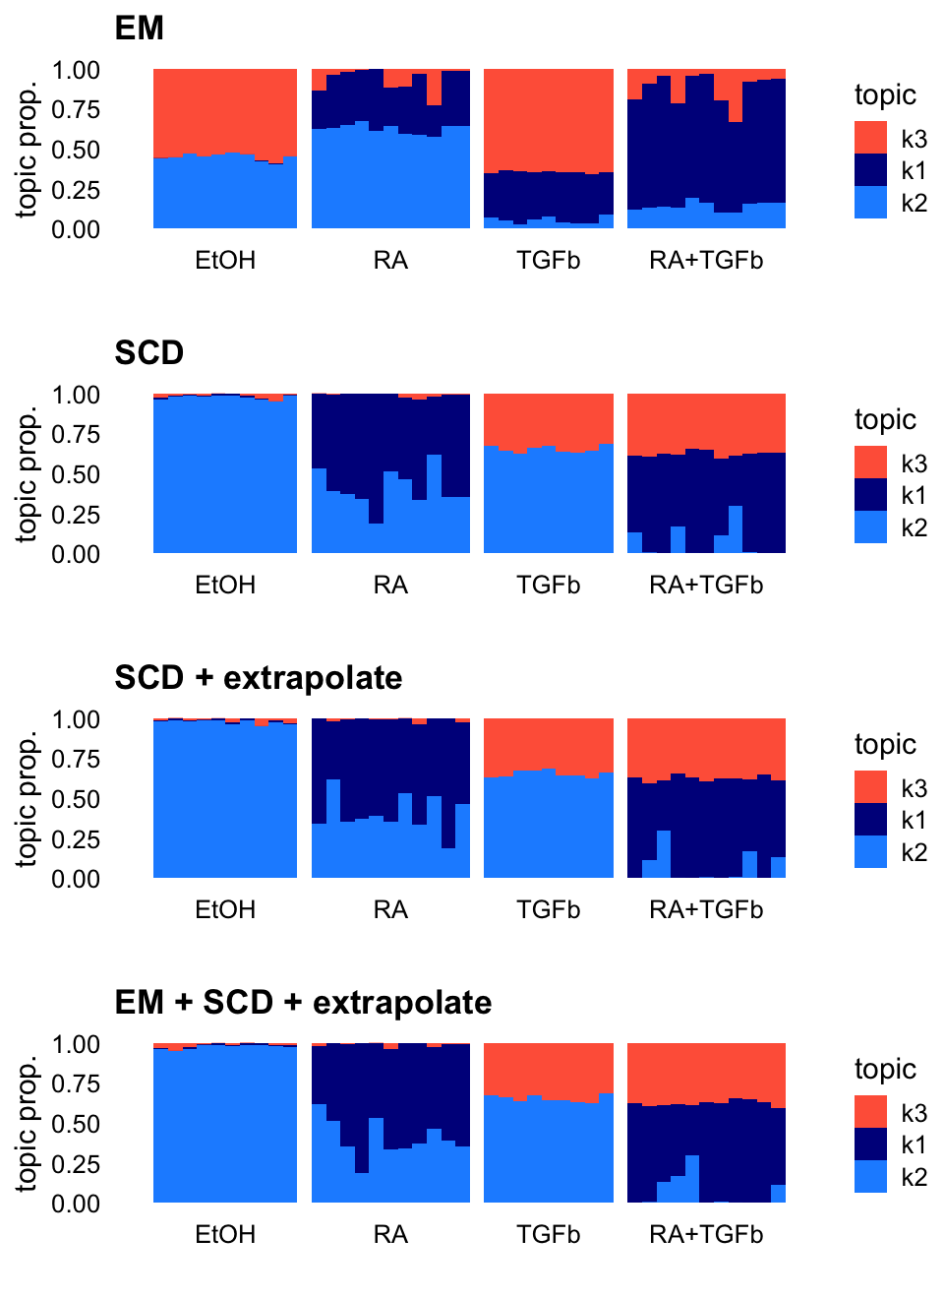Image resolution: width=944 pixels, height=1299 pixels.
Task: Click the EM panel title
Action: tap(139, 29)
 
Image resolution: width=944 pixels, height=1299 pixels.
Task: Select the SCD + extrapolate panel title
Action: tap(258, 678)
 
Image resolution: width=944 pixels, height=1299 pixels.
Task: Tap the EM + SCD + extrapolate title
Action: tap(303, 1003)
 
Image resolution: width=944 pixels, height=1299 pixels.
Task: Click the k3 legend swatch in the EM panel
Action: tap(870, 138)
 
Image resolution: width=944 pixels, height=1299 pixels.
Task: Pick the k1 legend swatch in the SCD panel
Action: tap(870, 495)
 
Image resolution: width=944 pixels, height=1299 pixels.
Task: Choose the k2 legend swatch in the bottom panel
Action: tap(870, 1177)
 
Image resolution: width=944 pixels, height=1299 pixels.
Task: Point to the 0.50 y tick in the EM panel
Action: tap(76, 150)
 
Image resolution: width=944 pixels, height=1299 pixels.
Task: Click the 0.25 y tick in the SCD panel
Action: tap(76, 515)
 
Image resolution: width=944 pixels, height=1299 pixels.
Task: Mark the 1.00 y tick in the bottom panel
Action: tap(76, 1044)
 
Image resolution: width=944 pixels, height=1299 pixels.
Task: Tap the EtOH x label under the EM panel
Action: tap(225, 261)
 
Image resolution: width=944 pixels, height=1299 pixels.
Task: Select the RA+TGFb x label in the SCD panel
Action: tap(706, 586)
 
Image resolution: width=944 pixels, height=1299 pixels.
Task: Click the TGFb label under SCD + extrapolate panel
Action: tap(549, 910)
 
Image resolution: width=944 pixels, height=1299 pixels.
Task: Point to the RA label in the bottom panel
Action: tap(390, 1235)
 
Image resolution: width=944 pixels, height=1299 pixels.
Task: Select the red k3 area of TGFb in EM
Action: tap(549, 118)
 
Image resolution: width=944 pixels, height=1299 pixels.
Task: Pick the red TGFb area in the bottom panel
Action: tap(549, 1068)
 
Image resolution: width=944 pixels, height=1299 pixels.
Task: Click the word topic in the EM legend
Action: tap(885, 95)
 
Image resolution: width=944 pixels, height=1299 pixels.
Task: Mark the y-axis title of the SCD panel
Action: tap(27, 474)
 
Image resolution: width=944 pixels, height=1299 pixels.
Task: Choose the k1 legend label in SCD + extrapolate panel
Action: tap(914, 820)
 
